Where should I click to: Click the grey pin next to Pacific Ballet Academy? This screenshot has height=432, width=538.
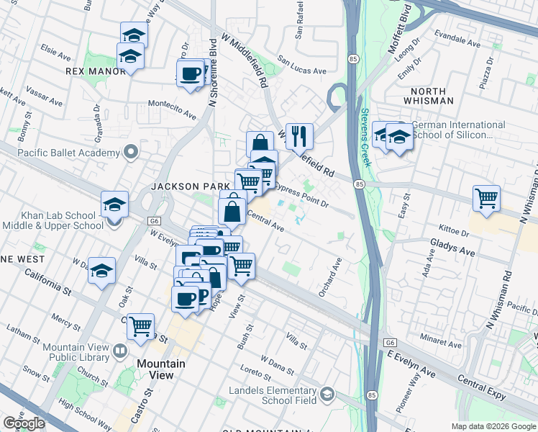(130, 152)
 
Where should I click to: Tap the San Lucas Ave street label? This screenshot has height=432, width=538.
(302, 71)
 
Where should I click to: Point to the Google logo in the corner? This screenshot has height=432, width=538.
(24, 423)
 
